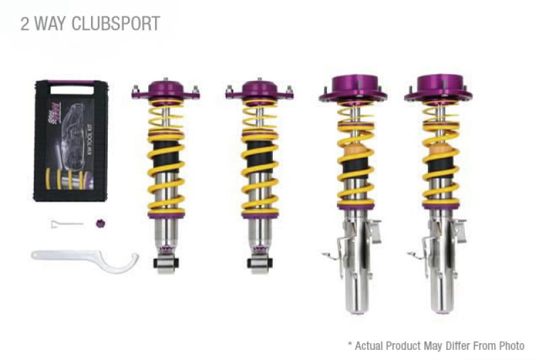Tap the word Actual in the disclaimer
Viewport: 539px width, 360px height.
370,346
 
